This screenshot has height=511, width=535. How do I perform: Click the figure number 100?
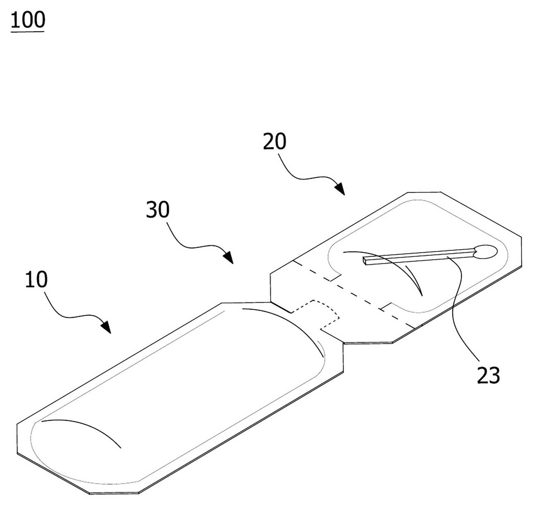tap(28, 20)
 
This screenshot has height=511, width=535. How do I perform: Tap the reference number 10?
tap(36, 279)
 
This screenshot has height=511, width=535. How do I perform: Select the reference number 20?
tap(275, 141)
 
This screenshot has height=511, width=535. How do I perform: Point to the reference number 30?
tap(158, 209)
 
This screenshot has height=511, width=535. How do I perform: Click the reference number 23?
tap(488, 375)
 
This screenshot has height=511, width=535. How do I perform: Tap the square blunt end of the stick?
tap(365, 261)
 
